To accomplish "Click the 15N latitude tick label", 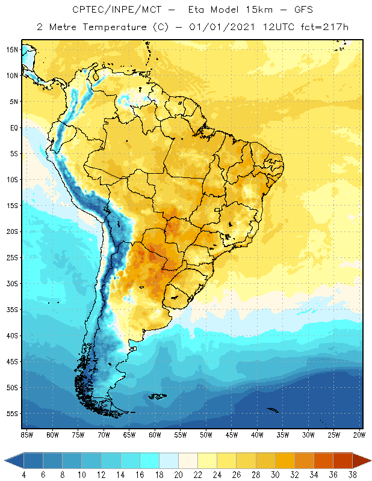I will coord(11,49).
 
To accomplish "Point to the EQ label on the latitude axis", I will coord(13,127).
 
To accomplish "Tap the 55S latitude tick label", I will coord(11,414).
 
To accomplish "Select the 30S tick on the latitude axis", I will coord(11,283).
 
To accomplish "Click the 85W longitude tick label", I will coord(26,434).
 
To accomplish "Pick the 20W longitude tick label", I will coord(358,434).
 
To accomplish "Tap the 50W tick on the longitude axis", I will coord(206,434).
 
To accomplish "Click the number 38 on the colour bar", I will coord(352,474).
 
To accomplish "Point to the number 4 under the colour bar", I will coord(23,474).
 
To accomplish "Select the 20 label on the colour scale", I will coord(178,474).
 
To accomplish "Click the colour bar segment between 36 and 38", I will coord(343,461).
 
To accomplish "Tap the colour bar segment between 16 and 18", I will coord(149,461).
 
